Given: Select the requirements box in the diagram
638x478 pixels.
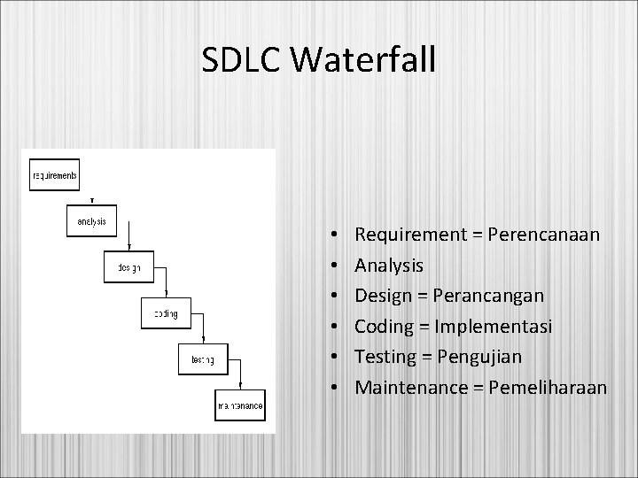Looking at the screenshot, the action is [x=54, y=175].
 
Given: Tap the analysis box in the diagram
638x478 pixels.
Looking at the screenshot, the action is [x=91, y=221].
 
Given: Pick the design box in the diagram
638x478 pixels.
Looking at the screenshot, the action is [x=128, y=267].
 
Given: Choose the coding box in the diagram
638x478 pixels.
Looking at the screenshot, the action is [x=165, y=313].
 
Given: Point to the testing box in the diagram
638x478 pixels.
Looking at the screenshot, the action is [x=201, y=359].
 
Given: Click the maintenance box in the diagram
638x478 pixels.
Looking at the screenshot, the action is [x=239, y=405].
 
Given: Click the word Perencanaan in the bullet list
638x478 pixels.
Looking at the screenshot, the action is [x=544, y=235].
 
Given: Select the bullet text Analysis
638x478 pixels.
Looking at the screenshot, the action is [x=389, y=266].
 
